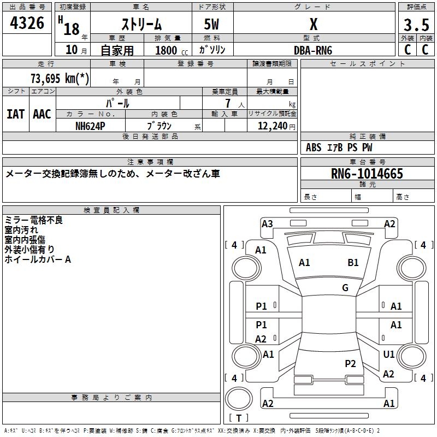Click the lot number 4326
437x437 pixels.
(x=27, y=23)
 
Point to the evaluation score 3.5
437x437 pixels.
(x=416, y=25)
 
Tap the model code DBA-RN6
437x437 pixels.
(x=313, y=50)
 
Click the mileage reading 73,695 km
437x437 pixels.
(x=60, y=78)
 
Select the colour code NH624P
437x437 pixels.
(x=90, y=125)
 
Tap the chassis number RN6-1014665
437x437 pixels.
(x=367, y=174)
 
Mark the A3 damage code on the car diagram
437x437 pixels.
(x=267, y=223)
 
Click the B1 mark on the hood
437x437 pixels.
(x=353, y=263)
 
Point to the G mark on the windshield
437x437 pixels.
(x=345, y=288)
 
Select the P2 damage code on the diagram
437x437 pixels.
(x=350, y=364)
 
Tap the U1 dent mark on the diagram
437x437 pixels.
(x=389, y=355)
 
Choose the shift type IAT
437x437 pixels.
(x=15, y=114)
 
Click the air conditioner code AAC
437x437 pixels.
(x=42, y=114)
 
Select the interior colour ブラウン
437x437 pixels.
(x=160, y=125)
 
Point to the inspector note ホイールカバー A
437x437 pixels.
(x=38, y=259)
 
